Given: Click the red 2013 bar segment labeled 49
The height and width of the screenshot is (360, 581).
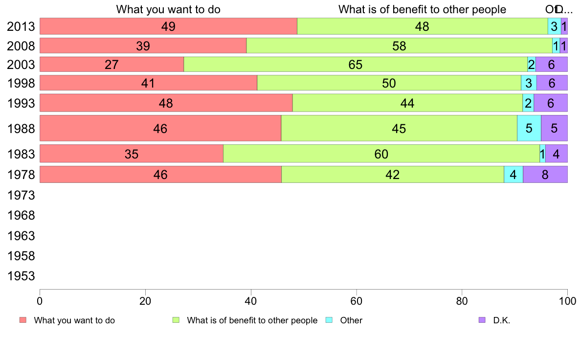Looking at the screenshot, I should tap(168, 26).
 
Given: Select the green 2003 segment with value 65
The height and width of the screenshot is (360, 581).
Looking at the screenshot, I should tap(356, 65).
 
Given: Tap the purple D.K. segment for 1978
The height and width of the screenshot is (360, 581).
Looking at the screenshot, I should tap(545, 175).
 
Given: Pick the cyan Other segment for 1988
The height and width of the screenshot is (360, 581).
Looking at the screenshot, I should tap(529, 128).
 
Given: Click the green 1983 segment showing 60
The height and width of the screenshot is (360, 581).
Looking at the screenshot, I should tap(381, 154).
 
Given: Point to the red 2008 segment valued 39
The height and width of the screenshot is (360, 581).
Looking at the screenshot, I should tap(143, 46).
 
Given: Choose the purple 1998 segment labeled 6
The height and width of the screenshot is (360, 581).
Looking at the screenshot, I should tap(552, 83).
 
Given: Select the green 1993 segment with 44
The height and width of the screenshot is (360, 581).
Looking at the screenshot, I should tap(407, 103).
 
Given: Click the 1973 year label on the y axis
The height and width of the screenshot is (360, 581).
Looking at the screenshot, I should tap(21, 195).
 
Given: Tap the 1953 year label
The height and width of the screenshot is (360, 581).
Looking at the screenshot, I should tap(21, 276).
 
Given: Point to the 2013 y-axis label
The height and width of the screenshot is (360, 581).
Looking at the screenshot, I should tap(21, 26).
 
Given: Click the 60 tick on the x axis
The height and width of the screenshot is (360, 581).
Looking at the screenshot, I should tap(356, 299).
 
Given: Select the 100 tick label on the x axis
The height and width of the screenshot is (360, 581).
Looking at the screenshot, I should tap(567, 299).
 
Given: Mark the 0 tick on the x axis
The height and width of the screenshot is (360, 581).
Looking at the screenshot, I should tap(40, 299).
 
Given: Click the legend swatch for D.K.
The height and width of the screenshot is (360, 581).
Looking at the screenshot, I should tap(482, 320).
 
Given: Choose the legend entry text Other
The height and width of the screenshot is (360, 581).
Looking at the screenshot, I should tap(351, 320).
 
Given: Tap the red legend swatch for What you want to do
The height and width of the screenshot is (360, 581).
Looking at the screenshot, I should tap(23, 320).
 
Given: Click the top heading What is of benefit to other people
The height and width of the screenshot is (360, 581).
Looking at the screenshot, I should tap(422, 9).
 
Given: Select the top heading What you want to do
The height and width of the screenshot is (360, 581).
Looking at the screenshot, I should tap(168, 9).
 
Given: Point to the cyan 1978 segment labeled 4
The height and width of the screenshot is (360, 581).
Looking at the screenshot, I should tap(513, 175).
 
